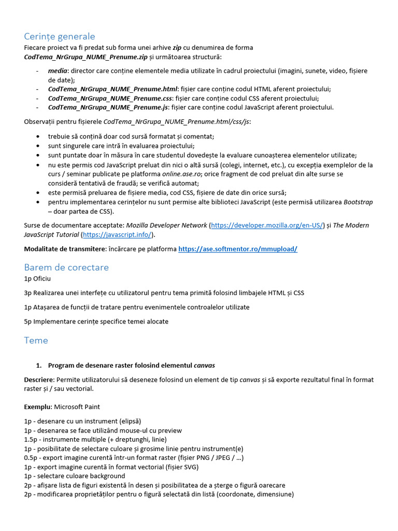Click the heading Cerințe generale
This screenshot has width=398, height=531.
60,36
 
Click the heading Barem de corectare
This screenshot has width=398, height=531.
66,268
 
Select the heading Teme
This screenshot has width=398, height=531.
36,341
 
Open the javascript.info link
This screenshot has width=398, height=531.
117,235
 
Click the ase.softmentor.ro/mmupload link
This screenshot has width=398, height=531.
238,249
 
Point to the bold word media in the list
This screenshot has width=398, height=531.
58,71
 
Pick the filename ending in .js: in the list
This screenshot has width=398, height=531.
109,107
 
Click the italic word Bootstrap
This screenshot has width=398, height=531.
358,202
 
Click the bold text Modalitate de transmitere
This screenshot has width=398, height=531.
64,249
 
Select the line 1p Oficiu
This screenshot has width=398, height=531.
37,279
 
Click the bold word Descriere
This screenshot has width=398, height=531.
39,380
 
